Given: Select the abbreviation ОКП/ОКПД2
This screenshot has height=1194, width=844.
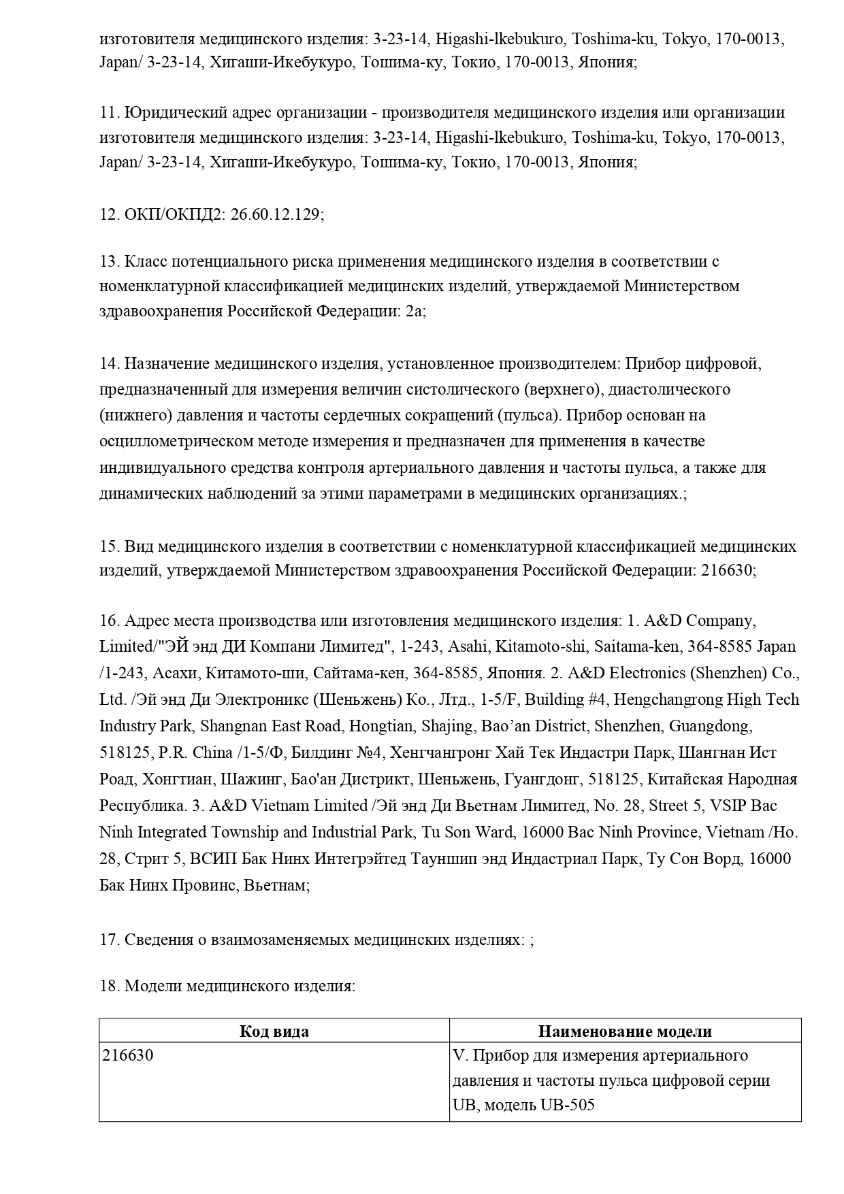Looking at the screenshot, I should [174, 214].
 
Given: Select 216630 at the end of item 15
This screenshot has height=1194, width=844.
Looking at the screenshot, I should [724, 570].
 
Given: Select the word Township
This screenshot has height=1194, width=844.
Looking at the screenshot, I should [246, 832].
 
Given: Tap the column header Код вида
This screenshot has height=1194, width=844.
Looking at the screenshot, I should [274, 1031].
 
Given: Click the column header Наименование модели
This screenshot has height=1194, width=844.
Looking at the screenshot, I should [625, 1031].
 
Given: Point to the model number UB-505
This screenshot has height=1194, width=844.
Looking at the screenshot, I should [567, 1105].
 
